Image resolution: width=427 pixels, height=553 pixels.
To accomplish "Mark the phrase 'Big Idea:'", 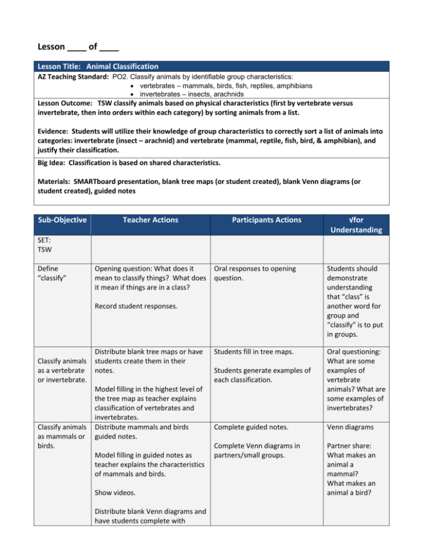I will pos(53,166).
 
